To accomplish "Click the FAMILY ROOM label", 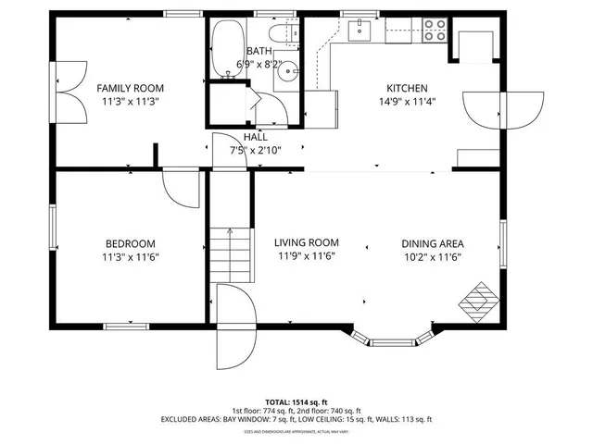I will coord(130,89).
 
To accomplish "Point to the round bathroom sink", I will coord(289,71).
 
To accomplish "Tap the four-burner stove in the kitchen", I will coord(434,31).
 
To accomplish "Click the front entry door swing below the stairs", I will coord(232,327).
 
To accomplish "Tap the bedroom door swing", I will coord(178,189).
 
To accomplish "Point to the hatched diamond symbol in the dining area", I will coord(479,300).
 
